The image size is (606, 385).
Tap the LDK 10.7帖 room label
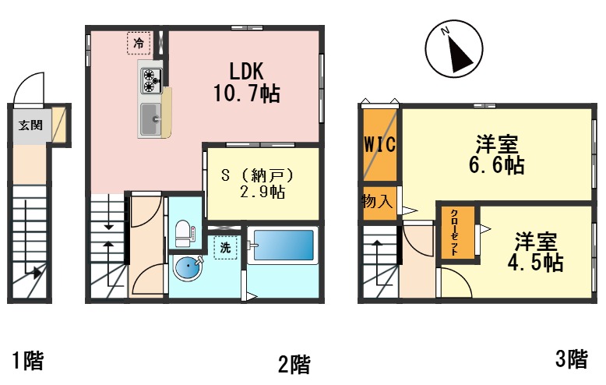(x=246, y=82)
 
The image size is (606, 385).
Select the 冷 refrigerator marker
(x=139, y=43)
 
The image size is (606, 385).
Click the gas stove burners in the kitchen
(x=150, y=81)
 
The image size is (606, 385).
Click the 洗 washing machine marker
(x=224, y=247)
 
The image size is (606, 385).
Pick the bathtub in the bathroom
(x=283, y=246)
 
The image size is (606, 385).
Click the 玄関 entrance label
(x=30, y=124)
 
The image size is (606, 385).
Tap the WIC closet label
(x=380, y=145)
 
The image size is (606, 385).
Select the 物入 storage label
(x=378, y=202)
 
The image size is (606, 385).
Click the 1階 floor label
(x=27, y=360)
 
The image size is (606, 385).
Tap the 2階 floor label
(x=294, y=363)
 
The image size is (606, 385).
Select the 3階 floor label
(x=572, y=359)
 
